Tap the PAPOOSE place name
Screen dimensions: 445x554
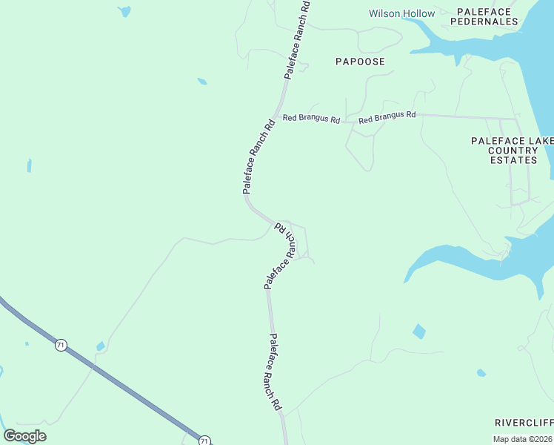point(360,62)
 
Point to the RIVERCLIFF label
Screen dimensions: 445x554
point(524,422)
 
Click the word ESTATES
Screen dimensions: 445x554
point(513,160)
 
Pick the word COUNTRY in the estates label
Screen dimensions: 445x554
point(513,151)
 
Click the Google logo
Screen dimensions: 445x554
point(25,436)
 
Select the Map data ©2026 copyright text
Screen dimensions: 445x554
point(523,439)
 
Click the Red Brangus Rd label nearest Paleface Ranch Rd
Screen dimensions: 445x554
point(311,119)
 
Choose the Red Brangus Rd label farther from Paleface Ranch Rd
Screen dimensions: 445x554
point(387,117)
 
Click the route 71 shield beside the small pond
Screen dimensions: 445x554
point(61,345)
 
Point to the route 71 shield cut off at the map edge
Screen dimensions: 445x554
point(204,441)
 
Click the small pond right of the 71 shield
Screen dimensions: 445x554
point(100,346)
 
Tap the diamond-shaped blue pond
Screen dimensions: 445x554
point(419,331)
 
